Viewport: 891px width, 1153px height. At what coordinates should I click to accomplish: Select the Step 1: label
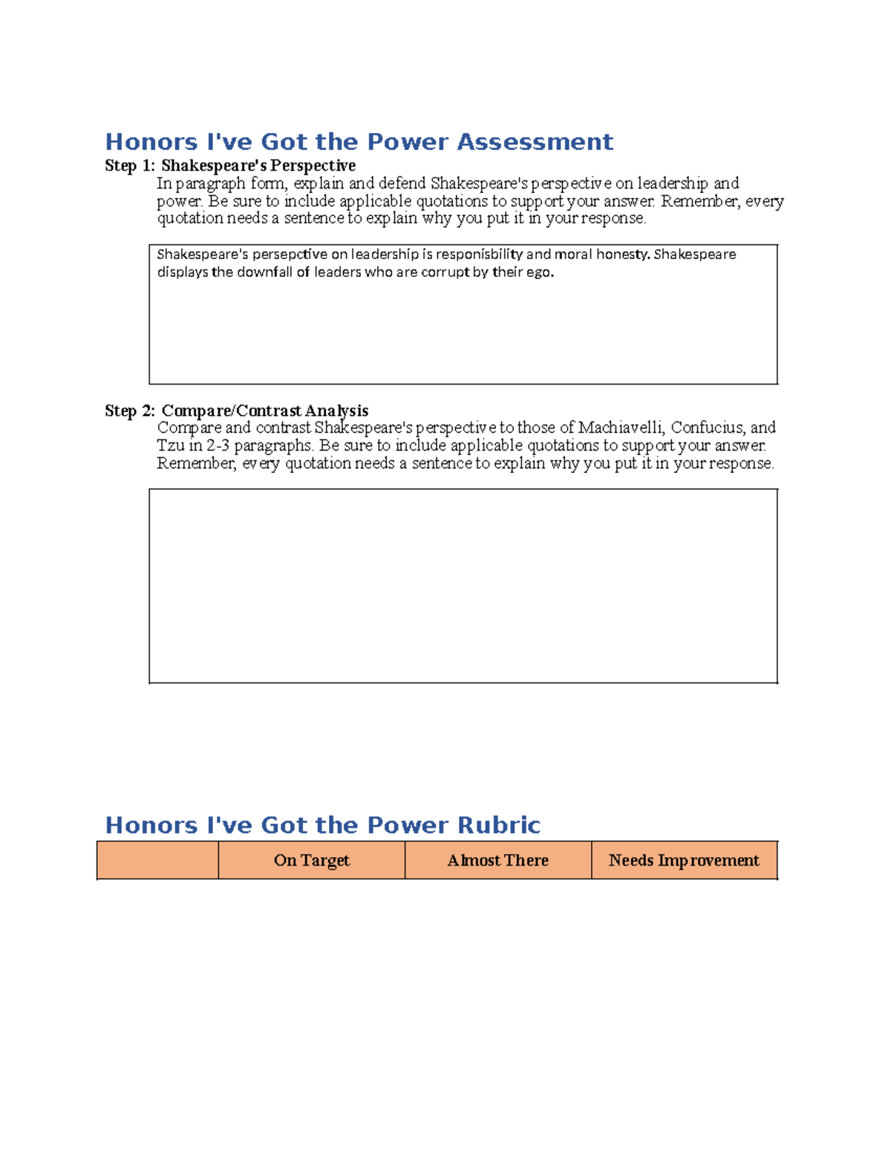pyautogui.click(x=130, y=166)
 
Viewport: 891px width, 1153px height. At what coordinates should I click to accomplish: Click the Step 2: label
pyautogui.click(x=130, y=411)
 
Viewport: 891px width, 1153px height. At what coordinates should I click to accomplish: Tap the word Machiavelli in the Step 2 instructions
pyautogui.click(x=621, y=428)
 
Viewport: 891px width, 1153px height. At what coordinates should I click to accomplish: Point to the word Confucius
pyautogui.click(x=708, y=428)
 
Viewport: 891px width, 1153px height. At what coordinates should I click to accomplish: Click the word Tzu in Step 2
pyautogui.click(x=170, y=445)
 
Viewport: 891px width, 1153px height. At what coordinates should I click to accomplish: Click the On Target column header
pyautogui.click(x=311, y=860)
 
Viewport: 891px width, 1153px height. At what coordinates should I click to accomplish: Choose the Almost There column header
pyautogui.click(x=497, y=860)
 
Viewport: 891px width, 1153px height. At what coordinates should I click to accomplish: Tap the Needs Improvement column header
pyautogui.click(x=684, y=860)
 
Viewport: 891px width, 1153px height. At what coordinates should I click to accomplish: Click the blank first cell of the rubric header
pyautogui.click(x=157, y=860)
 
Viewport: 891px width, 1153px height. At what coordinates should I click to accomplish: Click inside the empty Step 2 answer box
pyautogui.click(x=463, y=586)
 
